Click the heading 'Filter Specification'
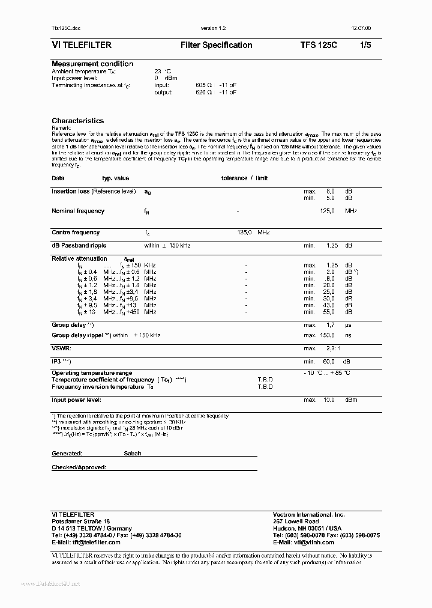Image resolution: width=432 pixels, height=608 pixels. click(216, 45)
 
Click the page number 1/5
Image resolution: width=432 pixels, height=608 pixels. click(365, 45)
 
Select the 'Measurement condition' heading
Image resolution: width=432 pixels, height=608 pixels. click(92, 64)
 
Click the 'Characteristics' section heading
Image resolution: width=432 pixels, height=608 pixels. click(77, 121)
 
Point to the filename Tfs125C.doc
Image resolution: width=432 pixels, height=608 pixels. click(66, 28)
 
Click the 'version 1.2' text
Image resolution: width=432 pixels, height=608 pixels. click(213, 28)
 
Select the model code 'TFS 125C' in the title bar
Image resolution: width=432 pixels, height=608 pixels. click(319, 45)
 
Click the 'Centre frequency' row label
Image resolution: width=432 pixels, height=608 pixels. click(76, 233)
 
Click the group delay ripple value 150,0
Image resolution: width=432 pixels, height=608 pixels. click(327, 335)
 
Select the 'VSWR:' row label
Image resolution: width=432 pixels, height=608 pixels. click(62, 348)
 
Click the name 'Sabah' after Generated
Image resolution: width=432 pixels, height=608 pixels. click(133, 454)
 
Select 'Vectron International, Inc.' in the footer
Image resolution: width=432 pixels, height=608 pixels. click(309, 515)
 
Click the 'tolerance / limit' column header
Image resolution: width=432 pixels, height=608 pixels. click(244, 178)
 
